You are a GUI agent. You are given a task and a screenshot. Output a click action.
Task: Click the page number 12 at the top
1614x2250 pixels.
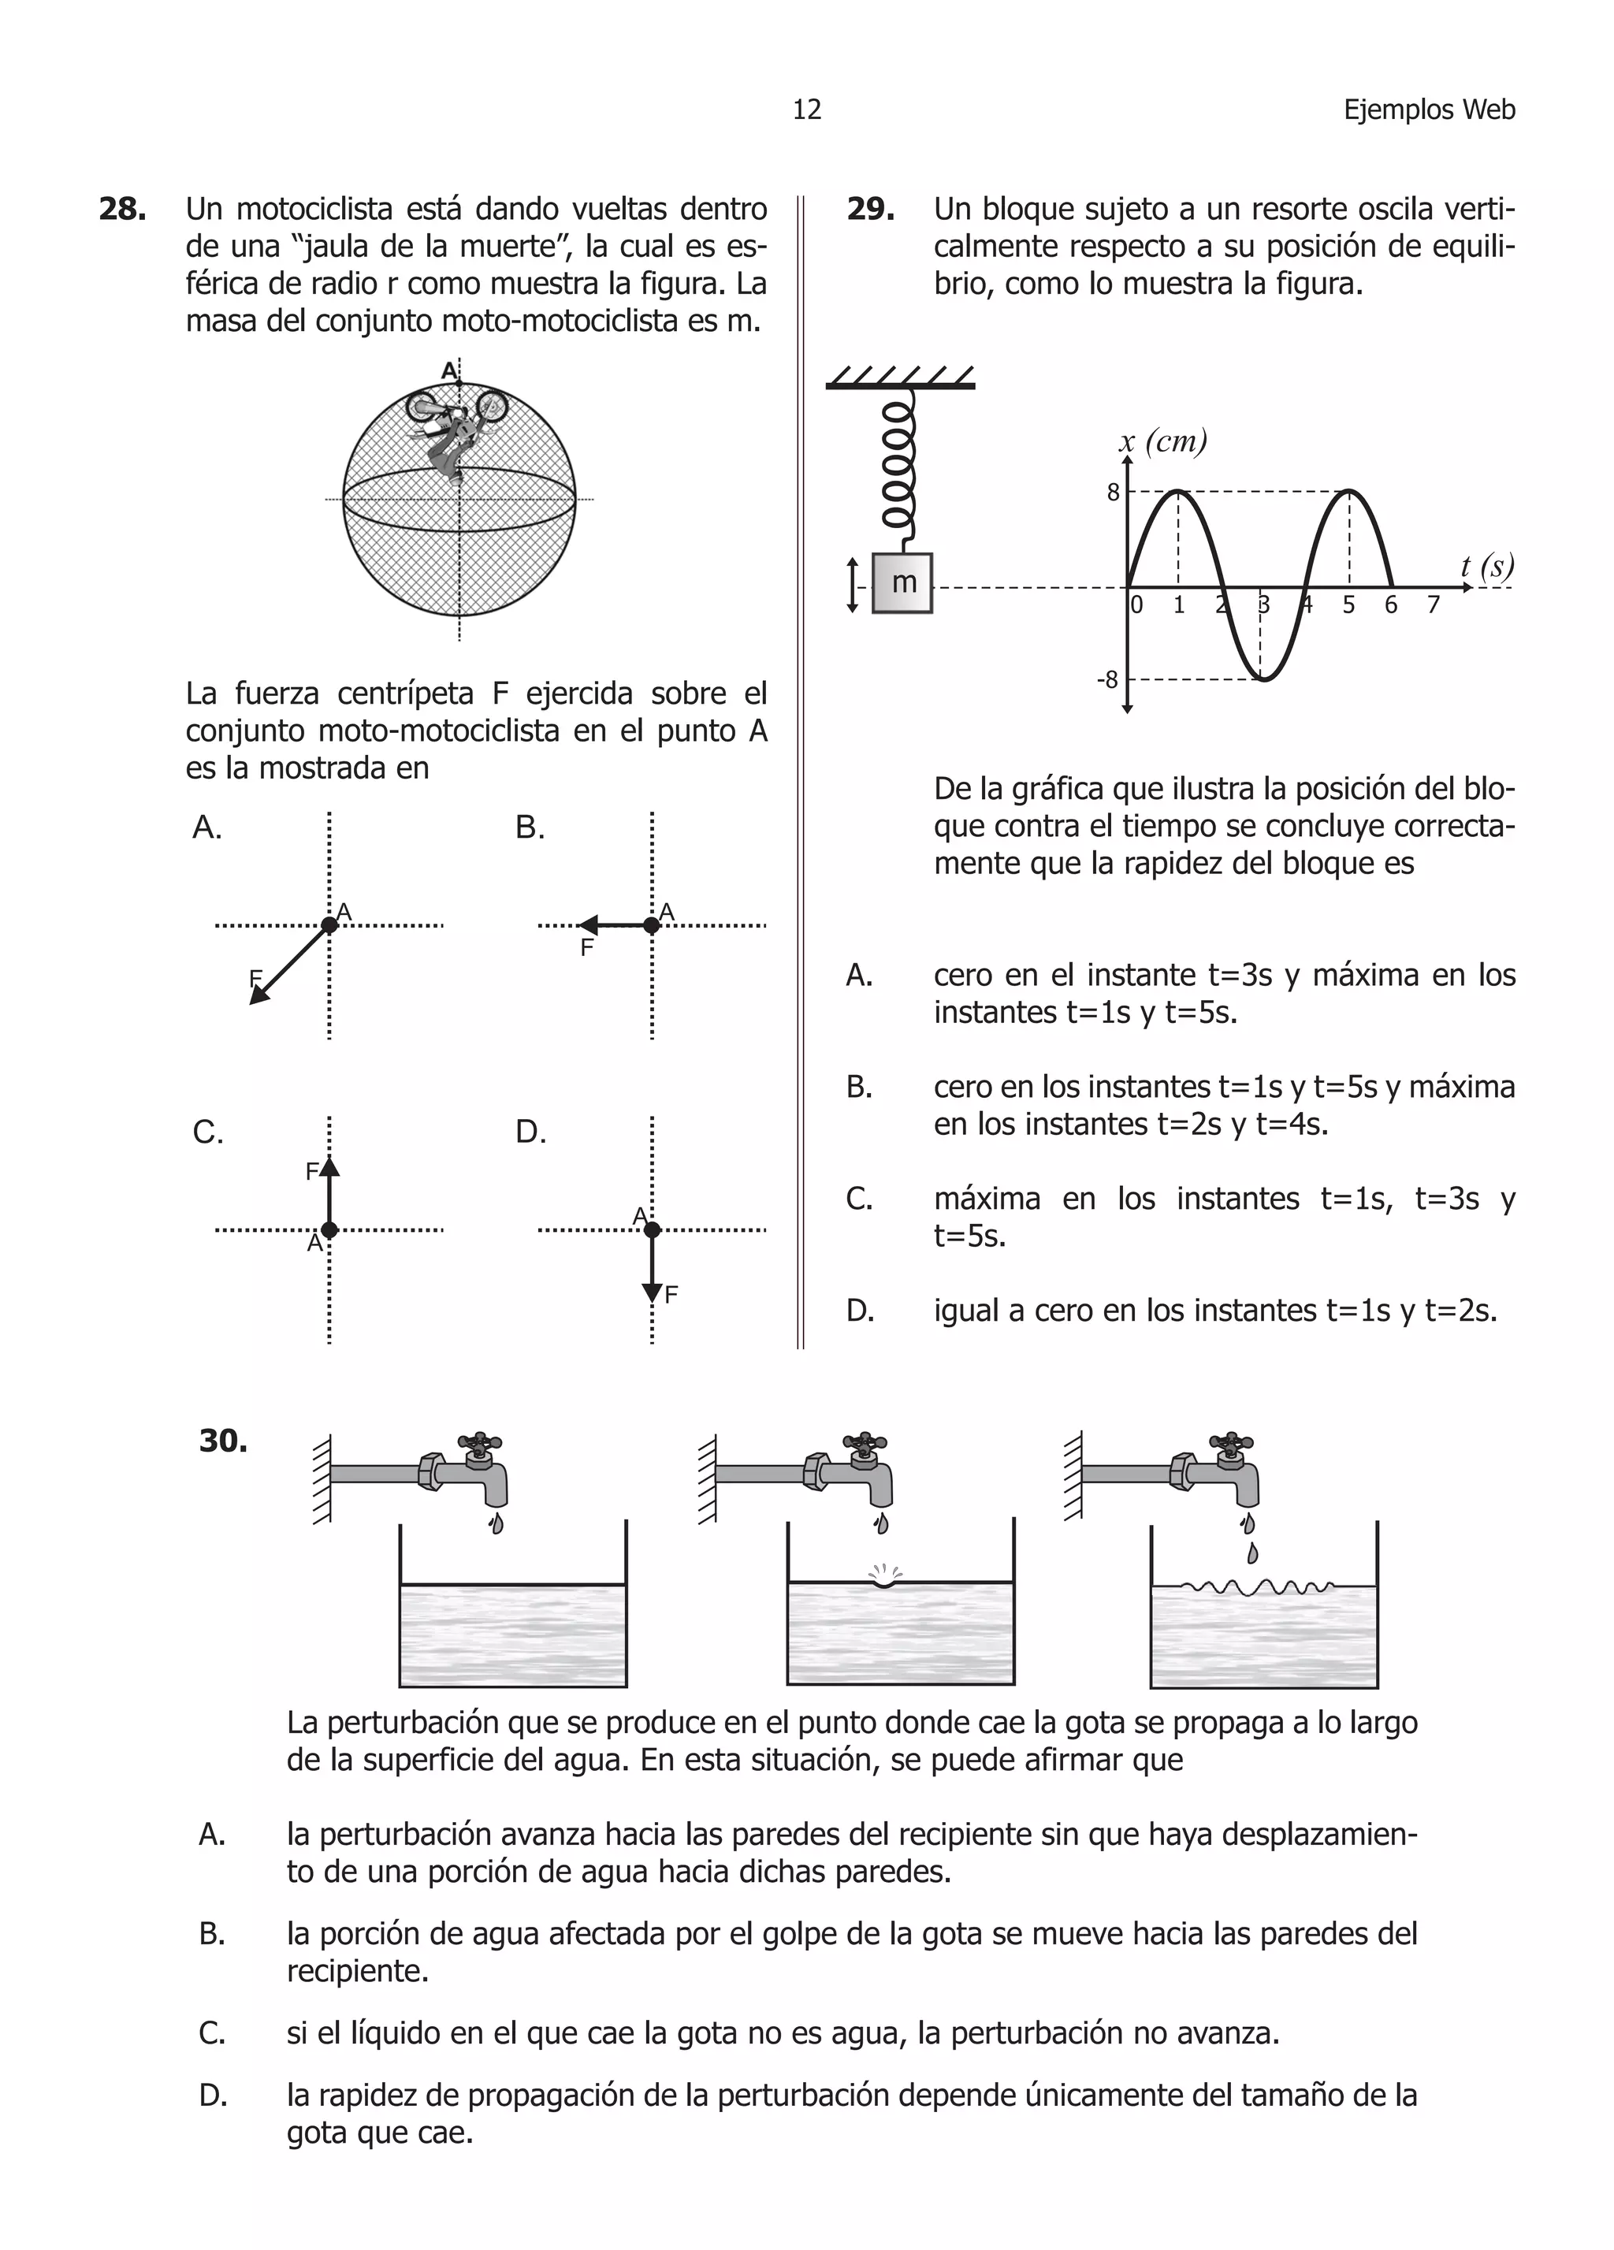pos(806,109)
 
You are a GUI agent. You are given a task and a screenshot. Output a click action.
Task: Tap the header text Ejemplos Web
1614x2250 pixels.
pos(1429,109)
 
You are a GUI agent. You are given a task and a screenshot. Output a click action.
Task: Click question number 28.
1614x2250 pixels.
pos(123,210)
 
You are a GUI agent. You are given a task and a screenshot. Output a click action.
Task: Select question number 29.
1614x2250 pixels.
pos(870,210)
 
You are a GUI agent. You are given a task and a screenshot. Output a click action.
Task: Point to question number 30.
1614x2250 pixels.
pos(223,1441)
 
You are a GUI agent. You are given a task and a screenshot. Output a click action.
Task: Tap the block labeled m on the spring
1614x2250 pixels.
pos(902,582)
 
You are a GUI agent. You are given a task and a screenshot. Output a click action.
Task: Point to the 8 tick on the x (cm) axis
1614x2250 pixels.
pos(1113,492)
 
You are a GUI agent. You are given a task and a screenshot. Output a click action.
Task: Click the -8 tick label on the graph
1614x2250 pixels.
pos(1107,679)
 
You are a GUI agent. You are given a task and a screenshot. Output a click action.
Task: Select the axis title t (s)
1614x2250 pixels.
pos(1486,567)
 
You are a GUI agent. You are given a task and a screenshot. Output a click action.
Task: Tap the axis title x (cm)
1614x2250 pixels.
pos(1162,441)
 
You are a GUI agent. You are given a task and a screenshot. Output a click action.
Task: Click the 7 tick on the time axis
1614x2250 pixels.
pos(1433,605)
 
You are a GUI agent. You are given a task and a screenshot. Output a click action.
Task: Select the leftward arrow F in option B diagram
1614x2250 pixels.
pos(613,924)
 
